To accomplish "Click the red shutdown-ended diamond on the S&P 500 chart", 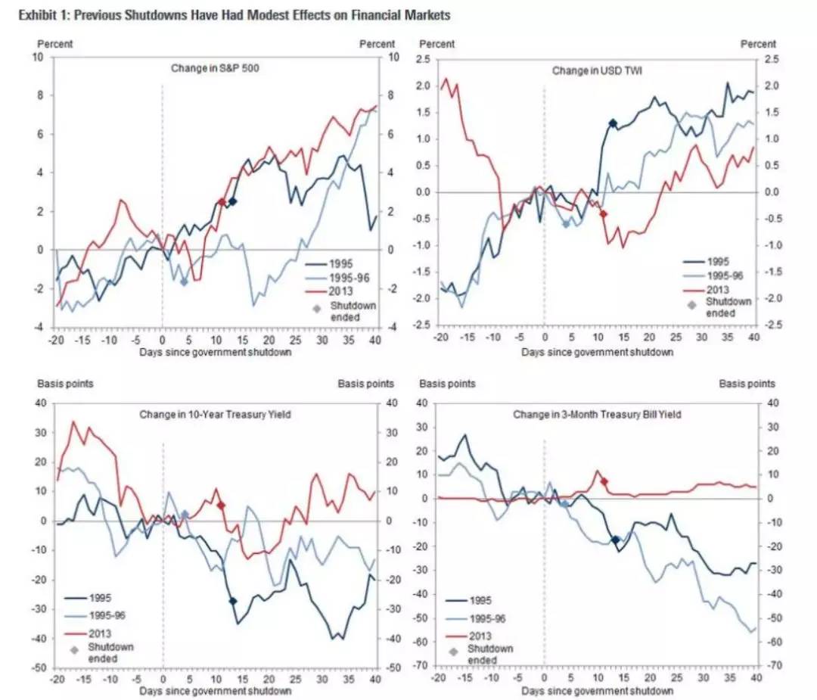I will point(221,202).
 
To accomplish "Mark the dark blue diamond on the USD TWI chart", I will point(613,123).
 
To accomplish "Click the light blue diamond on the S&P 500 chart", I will point(183,282).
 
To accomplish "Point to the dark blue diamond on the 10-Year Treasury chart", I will point(232,601).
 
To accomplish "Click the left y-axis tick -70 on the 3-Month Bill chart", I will point(421,666).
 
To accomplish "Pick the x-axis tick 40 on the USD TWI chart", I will point(753,337).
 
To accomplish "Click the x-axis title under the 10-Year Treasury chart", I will point(215,691).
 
